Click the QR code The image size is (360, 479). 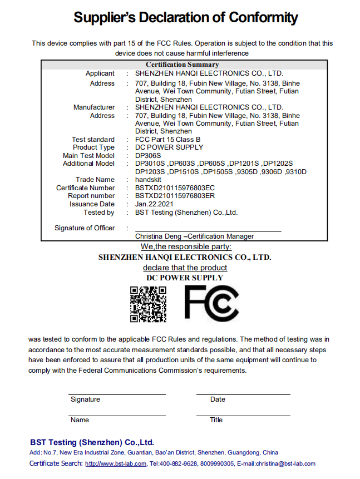tap(148, 304)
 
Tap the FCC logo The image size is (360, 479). tap(212, 303)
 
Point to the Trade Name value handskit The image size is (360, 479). tap(149, 180)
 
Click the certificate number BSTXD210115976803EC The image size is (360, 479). tap(175, 188)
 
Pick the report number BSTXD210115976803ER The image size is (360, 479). tap(175, 196)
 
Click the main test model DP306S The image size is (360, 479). tap(148, 156)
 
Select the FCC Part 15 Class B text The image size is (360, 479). tap(167, 140)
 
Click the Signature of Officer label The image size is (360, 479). tap(85, 228)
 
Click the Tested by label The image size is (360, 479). tap(99, 212)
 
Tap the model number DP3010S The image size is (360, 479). tap(150, 164)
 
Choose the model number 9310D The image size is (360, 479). tap(296, 172)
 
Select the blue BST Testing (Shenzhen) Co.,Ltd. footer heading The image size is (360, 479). tap(92, 442)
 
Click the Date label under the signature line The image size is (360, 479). tap(218, 399)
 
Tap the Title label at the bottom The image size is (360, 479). tap(216, 420)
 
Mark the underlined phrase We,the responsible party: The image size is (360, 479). tap(185, 246)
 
